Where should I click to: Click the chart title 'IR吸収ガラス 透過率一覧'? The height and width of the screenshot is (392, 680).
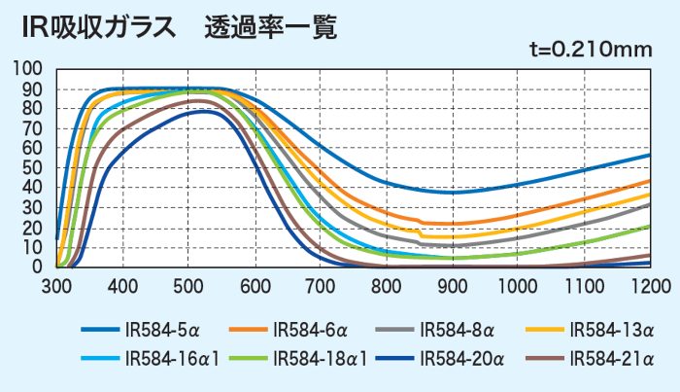(180, 27)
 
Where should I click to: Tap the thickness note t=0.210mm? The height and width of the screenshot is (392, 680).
(590, 50)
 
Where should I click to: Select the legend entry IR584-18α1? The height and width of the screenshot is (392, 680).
(316, 358)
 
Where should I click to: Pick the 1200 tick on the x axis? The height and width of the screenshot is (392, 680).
(650, 285)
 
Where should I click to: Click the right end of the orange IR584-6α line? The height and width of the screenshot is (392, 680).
(649, 181)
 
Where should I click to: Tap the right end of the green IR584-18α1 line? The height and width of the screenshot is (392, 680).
(649, 226)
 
